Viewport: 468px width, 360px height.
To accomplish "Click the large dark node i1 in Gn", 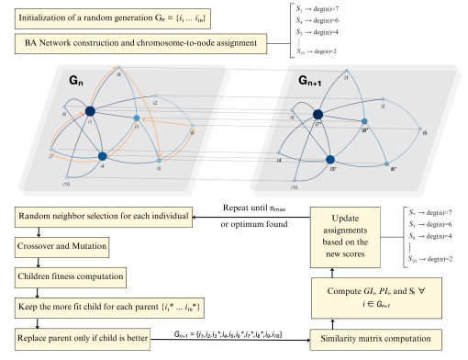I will point(90,112).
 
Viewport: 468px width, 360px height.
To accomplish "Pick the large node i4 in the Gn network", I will point(103,157).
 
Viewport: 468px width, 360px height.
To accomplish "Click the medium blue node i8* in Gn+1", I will point(364,122).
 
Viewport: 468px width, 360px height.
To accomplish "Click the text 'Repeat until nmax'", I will point(262,208).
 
